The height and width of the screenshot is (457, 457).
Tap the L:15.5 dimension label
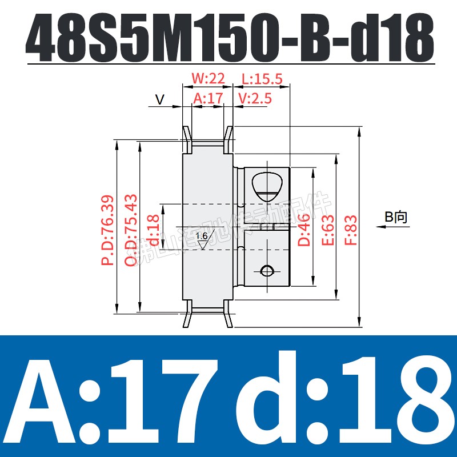pos(262,78)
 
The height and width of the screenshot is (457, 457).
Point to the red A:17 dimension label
pos(207,98)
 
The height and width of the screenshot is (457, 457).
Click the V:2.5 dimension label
pos(255,98)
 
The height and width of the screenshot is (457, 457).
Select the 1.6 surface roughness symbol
pos(202,239)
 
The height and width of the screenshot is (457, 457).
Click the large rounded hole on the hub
pos(266,186)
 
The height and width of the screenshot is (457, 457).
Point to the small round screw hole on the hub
pos(265,270)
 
